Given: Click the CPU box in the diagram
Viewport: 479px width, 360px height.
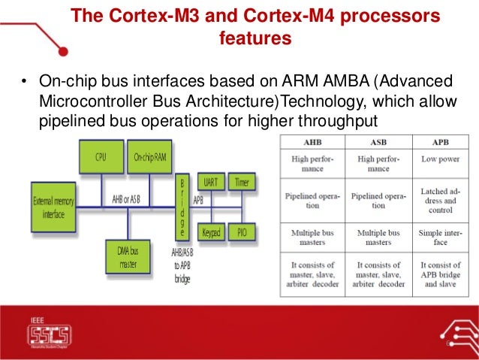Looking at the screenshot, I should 99,157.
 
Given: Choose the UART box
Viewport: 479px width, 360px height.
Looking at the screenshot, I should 211,182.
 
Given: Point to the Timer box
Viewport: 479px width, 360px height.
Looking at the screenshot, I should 241,182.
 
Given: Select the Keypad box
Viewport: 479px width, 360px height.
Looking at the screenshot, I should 211,233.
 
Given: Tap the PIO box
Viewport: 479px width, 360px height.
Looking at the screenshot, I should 241,233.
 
